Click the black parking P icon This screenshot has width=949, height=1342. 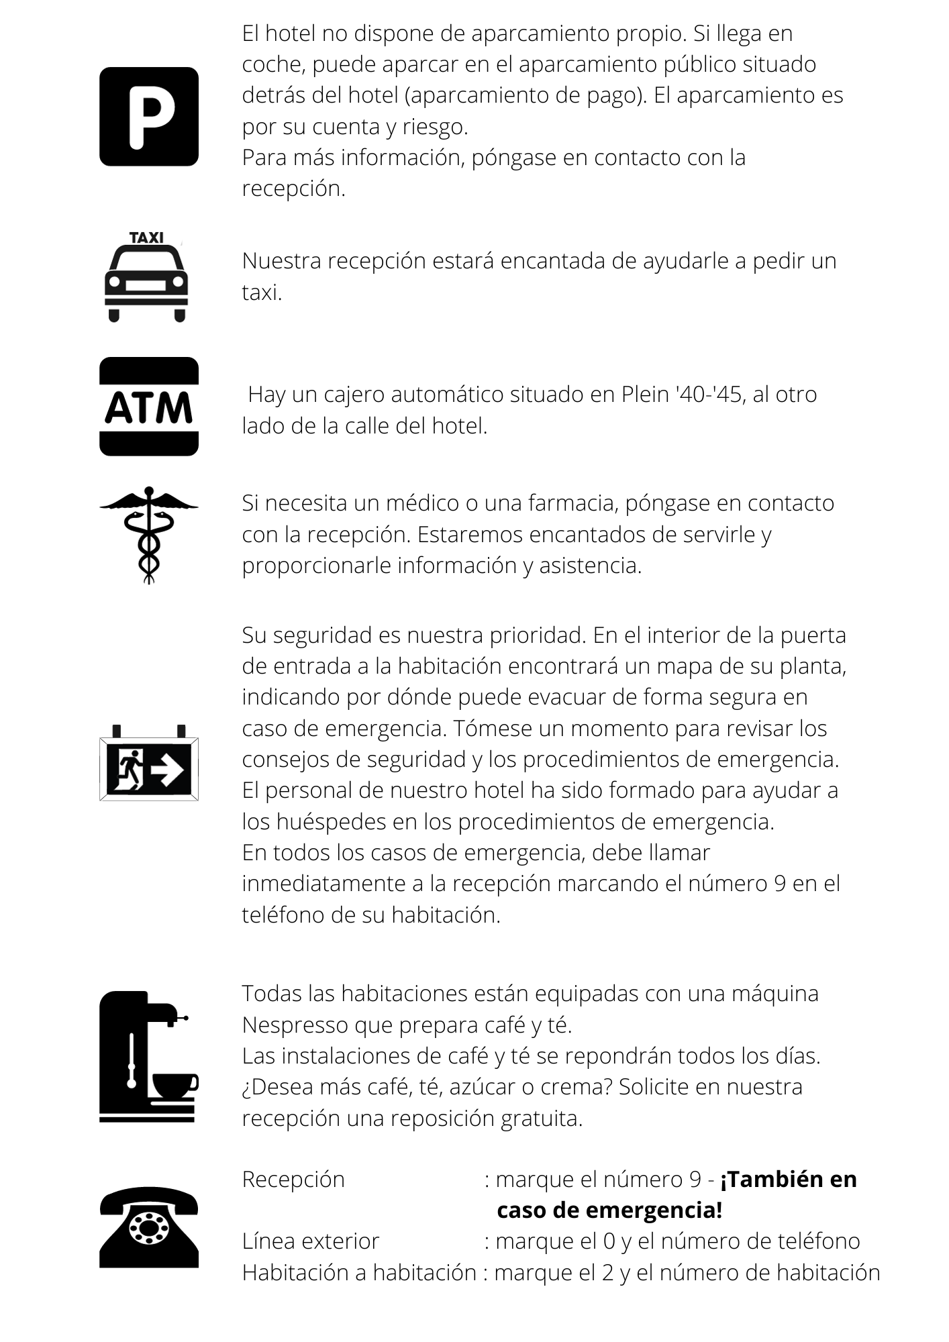click(x=149, y=117)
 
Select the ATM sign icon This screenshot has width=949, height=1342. click(x=149, y=407)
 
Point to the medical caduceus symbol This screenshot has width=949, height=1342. click(x=149, y=535)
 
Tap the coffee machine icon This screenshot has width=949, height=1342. click(x=148, y=1056)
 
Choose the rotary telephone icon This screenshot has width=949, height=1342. click(x=149, y=1227)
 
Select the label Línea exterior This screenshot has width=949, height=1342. click(x=311, y=1241)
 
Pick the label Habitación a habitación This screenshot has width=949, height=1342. click(x=359, y=1272)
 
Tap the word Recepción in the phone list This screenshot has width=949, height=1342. click(x=293, y=1179)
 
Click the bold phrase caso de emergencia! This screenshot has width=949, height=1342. click(x=609, y=1210)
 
